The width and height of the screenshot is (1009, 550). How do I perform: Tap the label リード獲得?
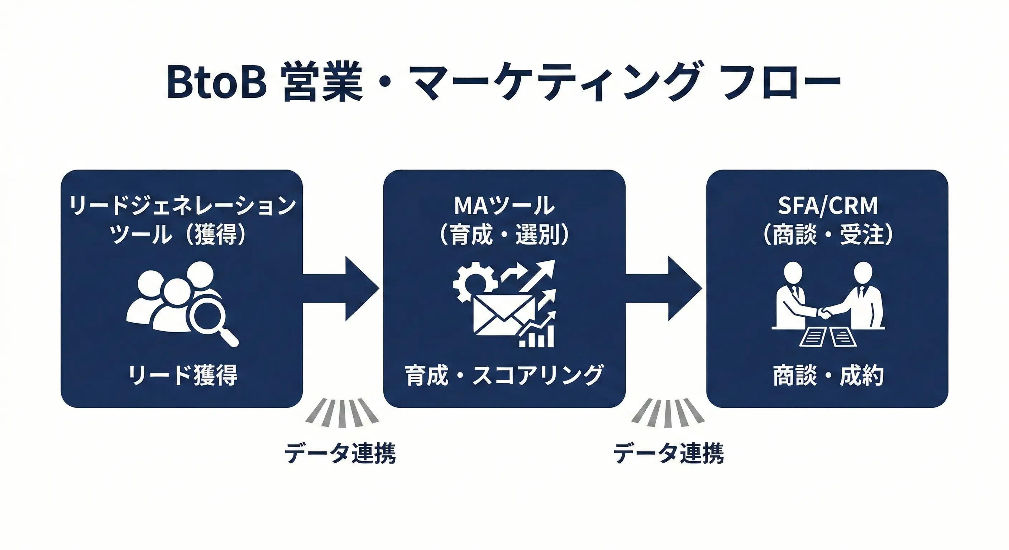tap(182, 375)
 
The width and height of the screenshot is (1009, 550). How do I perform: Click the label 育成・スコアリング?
tap(504, 375)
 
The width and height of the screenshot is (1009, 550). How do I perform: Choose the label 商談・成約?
tap(828, 375)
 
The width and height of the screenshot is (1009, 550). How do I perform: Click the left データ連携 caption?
tap(340, 453)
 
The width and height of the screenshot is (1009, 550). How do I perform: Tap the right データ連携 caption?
tap(668, 453)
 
